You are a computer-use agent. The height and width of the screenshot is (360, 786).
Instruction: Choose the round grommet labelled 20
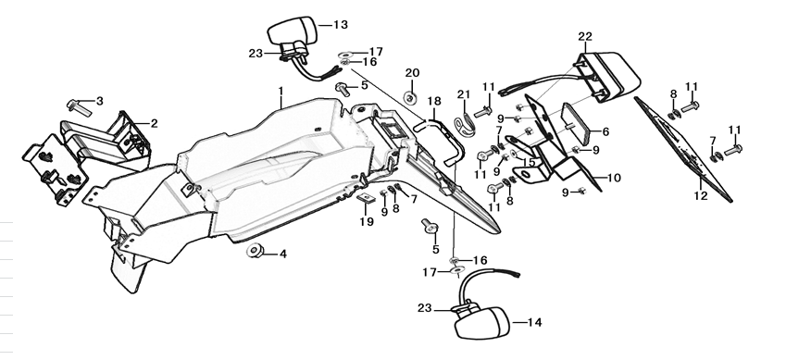pos(410,96)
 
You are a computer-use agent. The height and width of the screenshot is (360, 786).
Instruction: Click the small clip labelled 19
pos(366,199)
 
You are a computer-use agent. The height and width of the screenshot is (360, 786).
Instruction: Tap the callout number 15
pos(530,163)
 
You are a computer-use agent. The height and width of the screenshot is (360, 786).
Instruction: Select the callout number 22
pos(584,36)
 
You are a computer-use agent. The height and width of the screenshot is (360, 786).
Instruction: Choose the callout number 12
pos(701,196)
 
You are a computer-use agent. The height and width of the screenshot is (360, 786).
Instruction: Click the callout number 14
pos(533,322)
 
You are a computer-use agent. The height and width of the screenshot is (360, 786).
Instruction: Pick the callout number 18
pos(434,100)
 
